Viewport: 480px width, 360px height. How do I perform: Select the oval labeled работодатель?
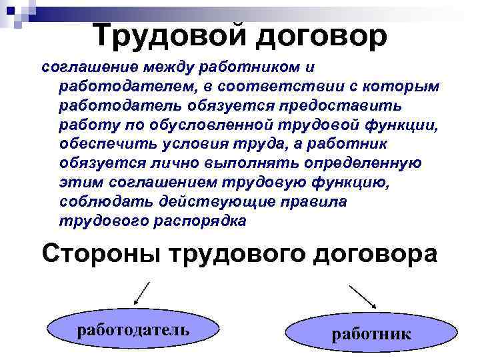point(134,329)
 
